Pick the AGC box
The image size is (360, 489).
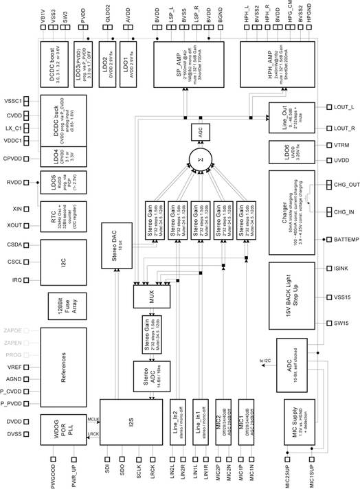[203, 133]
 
